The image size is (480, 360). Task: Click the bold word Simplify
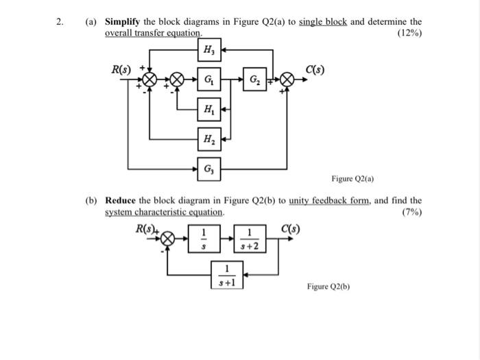coord(123,21)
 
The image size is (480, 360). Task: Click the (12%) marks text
coord(409,32)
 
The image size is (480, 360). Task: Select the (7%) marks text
coord(411,212)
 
